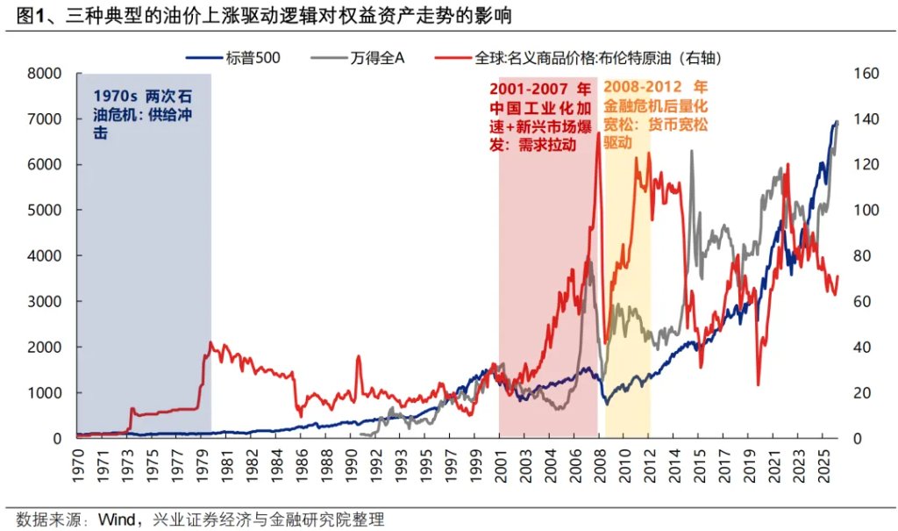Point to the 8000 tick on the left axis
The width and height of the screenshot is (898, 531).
[x=46, y=74]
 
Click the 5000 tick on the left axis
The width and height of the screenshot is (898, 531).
[x=46, y=211]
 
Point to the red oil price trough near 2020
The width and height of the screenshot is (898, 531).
[x=758, y=384]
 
